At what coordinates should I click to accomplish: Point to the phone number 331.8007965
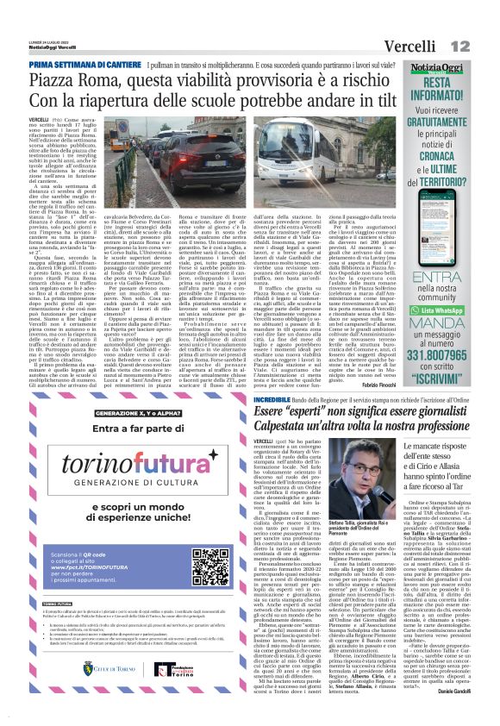pyautogui.click(x=447, y=355)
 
